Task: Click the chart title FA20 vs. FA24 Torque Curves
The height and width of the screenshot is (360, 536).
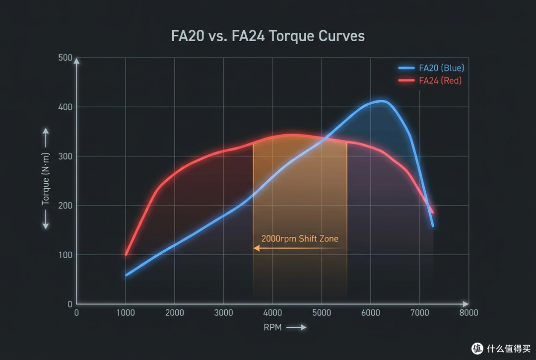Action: (268, 36)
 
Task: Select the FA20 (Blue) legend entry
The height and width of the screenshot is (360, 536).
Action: (431, 68)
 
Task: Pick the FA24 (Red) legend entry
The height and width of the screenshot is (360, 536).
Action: (430, 80)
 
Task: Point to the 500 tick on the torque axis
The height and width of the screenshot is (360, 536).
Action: (66, 58)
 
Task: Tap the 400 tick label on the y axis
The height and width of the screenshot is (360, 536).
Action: (66, 107)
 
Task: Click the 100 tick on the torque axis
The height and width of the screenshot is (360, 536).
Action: (66, 255)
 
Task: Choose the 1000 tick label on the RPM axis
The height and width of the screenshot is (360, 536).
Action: (126, 313)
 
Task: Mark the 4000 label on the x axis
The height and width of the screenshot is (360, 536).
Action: (272, 313)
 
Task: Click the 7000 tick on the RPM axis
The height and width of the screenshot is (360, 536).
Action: (419, 313)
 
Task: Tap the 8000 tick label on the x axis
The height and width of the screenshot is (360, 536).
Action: (469, 313)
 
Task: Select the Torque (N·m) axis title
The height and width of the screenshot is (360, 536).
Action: (46, 179)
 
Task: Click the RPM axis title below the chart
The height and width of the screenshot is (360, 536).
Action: (272, 328)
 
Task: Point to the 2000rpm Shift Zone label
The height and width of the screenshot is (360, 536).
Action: (300, 239)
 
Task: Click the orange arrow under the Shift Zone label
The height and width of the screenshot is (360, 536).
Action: (300, 248)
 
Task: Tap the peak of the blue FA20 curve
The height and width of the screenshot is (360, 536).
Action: (382, 101)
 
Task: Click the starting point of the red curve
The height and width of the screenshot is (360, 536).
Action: (126, 255)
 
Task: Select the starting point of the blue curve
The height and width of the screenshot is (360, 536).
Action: (126, 275)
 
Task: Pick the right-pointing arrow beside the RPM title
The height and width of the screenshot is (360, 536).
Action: (296, 328)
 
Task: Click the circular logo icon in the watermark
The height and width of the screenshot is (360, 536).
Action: (477, 349)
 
